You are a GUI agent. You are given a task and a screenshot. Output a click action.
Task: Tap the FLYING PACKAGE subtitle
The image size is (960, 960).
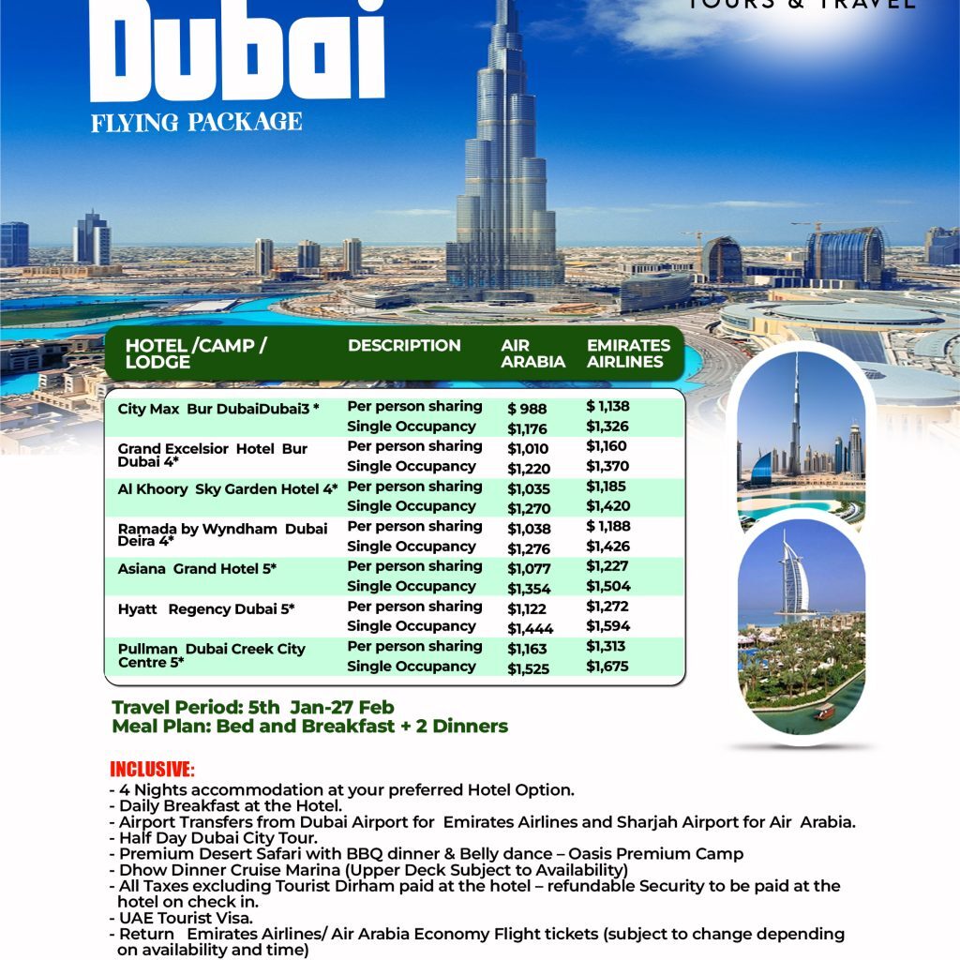click(x=197, y=122)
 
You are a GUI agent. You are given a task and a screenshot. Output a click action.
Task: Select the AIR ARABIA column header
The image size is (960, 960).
click(x=532, y=353)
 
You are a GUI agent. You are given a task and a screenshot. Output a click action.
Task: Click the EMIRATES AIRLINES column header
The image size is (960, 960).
click(x=628, y=353)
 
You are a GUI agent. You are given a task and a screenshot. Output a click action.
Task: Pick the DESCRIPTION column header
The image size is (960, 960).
click(x=404, y=345)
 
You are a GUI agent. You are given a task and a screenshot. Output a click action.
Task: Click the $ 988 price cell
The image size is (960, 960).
click(x=527, y=409)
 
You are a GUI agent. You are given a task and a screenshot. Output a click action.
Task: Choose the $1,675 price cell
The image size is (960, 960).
click(x=607, y=667)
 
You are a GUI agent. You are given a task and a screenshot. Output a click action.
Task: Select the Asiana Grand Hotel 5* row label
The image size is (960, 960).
click(x=197, y=569)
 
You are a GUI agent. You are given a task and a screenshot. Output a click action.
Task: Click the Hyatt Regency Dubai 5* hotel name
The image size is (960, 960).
click(x=206, y=609)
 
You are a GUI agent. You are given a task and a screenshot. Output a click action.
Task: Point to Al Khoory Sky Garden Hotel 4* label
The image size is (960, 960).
click(x=228, y=488)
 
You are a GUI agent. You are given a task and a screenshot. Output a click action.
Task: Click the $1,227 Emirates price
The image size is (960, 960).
click(x=607, y=566)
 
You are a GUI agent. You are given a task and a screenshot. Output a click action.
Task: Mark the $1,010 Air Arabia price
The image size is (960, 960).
click(x=528, y=449)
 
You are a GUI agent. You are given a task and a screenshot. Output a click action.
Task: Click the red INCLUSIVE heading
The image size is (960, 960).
click(x=152, y=770)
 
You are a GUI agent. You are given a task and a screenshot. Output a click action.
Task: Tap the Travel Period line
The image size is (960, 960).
click(x=253, y=708)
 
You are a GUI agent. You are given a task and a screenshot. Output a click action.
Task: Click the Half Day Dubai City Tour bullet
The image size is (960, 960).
click(x=217, y=837)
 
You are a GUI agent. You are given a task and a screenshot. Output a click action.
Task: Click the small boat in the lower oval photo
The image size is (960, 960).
click(x=824, y=712)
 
